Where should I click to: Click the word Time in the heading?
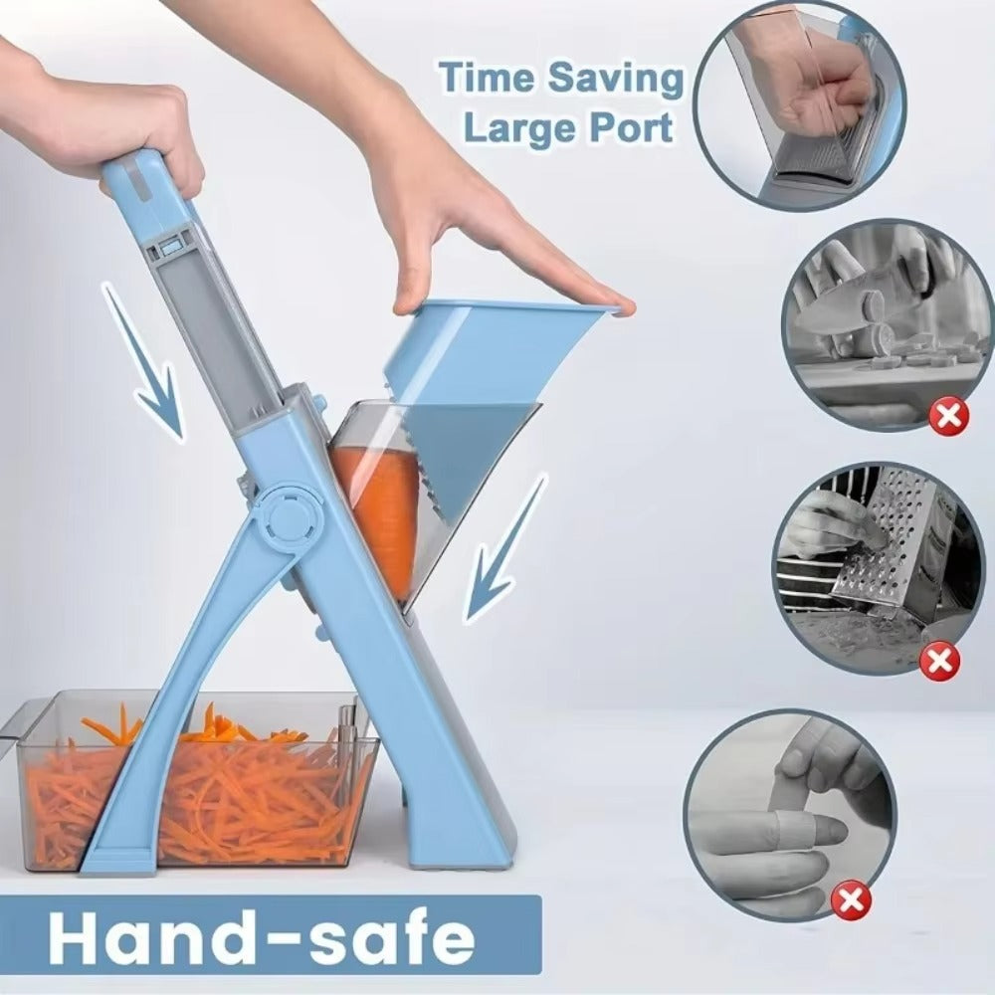coord(485,80)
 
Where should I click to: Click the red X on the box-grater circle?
coord(938,659)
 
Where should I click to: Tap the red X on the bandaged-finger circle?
coord(849,902)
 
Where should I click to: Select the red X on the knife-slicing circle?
coord(948,415)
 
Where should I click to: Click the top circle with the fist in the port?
coord(801,104)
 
